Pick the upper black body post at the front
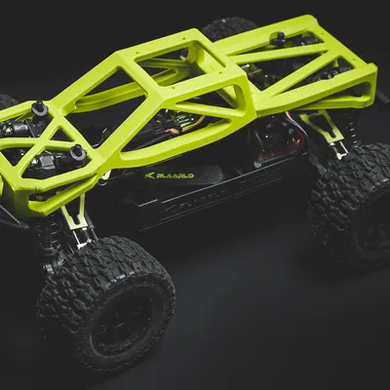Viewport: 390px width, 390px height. (x=40, y=107)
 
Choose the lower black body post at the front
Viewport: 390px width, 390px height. (x=77, y=152)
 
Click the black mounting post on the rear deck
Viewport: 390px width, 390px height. (x=279, y=38)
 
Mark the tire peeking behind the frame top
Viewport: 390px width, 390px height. (x=229, y=26)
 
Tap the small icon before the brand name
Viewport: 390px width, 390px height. (x=150, y=175)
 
